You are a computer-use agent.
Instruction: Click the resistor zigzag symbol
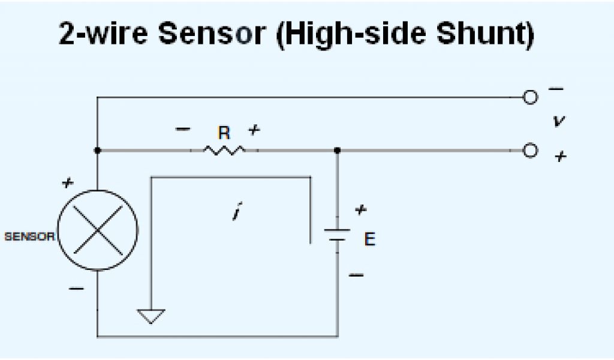coord(224,150)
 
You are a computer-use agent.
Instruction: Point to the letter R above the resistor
coord(224,133)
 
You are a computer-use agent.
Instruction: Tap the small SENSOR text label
coord(29,236)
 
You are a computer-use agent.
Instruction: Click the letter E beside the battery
coord(370,239)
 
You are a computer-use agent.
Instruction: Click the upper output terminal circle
coord(530,97)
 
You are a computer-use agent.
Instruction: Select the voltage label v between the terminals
coord(559,121)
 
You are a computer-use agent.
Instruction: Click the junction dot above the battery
coord(337,150)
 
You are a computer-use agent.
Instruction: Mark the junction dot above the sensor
coord(97,150)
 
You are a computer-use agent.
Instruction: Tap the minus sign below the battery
coord(356,274)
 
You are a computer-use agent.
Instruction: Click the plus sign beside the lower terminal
coord(560,157)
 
